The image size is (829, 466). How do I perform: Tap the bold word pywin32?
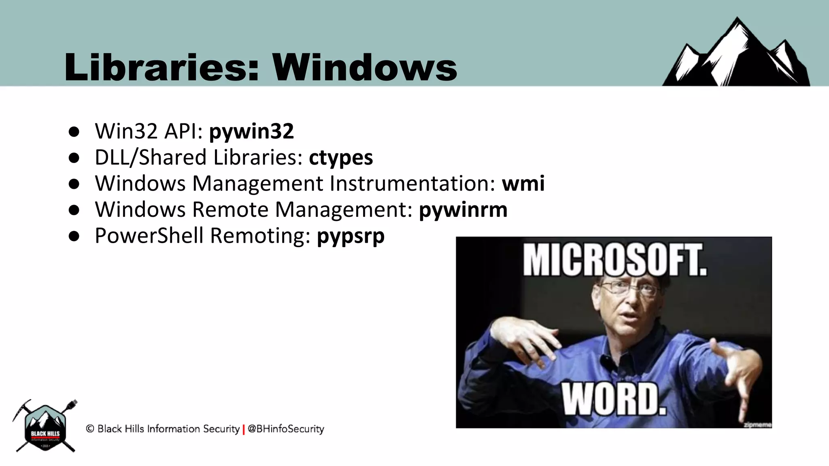(x=251, y=131)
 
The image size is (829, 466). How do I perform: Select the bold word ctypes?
(x=341, y=157)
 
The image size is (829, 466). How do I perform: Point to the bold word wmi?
(x=523, y=183)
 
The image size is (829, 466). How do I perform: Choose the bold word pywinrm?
(x=463, y=210)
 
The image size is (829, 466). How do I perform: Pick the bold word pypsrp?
(x=351, y=236)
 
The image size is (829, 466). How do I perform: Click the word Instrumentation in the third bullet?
(x=412, y=183)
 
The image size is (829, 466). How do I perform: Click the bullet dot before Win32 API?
(x=74, y=132)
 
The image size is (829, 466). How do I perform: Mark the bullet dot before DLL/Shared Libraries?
(x=74, y=158)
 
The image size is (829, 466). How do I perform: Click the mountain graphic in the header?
(x=737, y=55)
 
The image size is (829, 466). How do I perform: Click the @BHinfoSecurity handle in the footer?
(x=286, y=429)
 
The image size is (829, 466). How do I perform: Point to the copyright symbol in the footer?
(x=90, y=428)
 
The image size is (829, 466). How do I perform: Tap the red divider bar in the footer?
(x=244, y=430)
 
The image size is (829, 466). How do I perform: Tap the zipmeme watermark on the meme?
(x=757, y=424)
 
